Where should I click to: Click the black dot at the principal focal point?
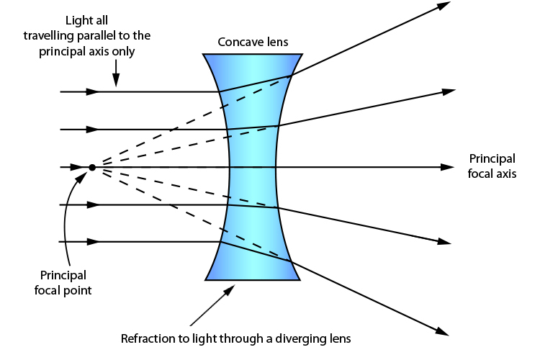[92, 168]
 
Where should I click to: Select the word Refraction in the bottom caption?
[147, 338]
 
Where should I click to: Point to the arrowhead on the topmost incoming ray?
[92, 92]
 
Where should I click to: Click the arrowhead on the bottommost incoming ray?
[92, 242]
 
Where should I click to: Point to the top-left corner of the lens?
[204, 55]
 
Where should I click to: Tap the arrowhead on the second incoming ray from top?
[92, 130]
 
